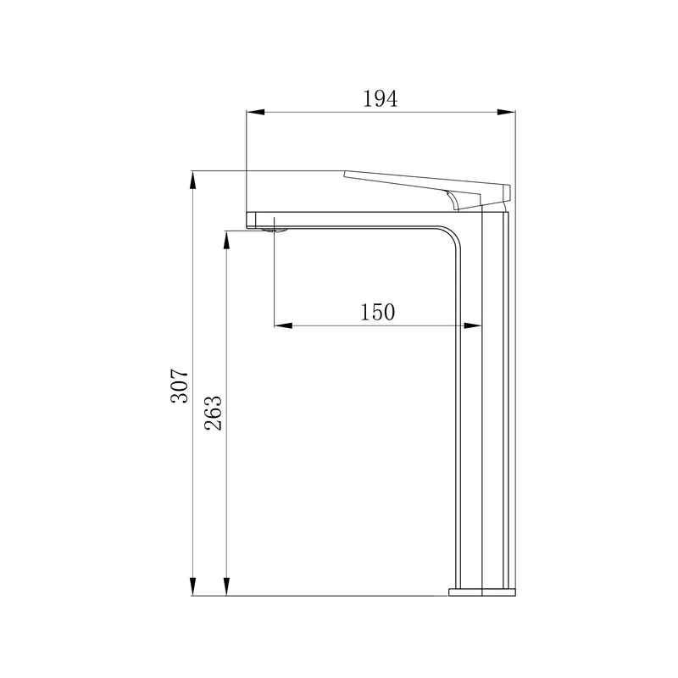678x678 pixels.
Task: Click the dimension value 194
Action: click(380, 98)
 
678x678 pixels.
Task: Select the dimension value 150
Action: click(377, 312)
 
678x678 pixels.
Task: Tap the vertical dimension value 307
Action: click(180, 386)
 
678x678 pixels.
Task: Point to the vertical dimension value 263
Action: click(214, 413)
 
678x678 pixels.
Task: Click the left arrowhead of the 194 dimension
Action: click(256, 113)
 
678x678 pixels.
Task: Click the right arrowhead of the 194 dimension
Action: click(506, 113)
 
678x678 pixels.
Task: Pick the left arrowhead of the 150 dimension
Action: click(283, 325)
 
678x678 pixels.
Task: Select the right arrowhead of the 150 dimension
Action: click(472, 325)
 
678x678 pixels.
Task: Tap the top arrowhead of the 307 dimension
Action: click(193, 181)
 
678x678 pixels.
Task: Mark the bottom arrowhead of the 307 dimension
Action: click(193, 586)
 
